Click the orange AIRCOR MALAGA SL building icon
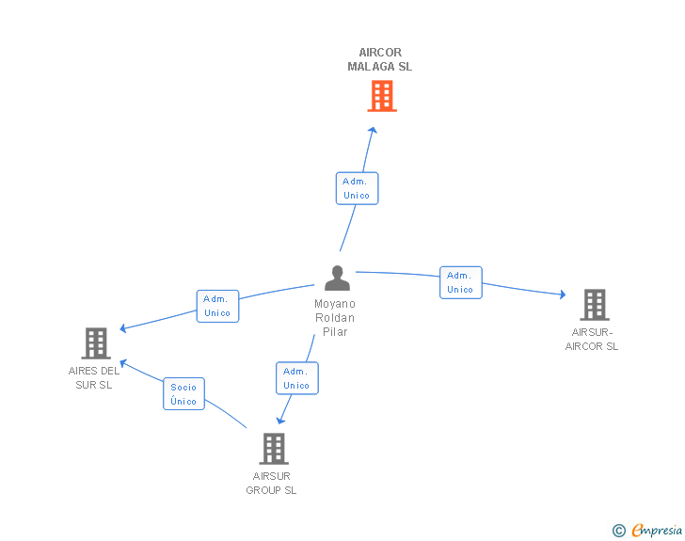381,96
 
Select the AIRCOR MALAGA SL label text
379,60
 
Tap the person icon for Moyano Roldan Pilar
337,278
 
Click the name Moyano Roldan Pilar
335,318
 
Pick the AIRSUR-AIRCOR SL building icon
594,305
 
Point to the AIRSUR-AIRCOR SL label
592,339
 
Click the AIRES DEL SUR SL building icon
95,343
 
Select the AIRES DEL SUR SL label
94,377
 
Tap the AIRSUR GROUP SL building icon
273,449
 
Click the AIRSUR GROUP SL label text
271,483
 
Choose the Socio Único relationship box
183,394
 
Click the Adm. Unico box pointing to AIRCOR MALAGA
357,188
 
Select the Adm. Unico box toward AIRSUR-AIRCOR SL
460,282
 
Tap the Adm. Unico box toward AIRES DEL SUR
217,306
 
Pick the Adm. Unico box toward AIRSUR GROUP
296,378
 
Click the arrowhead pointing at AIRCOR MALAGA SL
374,131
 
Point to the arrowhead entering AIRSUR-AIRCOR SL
562,294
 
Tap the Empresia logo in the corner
656,531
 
